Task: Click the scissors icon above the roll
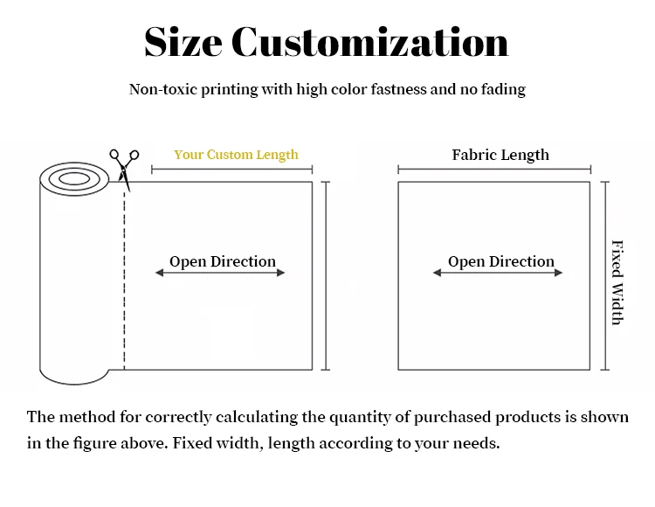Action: [124, 166]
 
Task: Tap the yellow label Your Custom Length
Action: [236, 155]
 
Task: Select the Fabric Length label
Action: [500, 155]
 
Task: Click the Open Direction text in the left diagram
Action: [222, 261]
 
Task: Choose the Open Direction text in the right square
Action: [500, 261]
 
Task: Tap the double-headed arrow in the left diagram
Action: [220, 274]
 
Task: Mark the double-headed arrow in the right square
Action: [498, 274]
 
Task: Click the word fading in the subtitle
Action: [502, 89]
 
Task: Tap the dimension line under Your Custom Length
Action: [231, 169]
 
